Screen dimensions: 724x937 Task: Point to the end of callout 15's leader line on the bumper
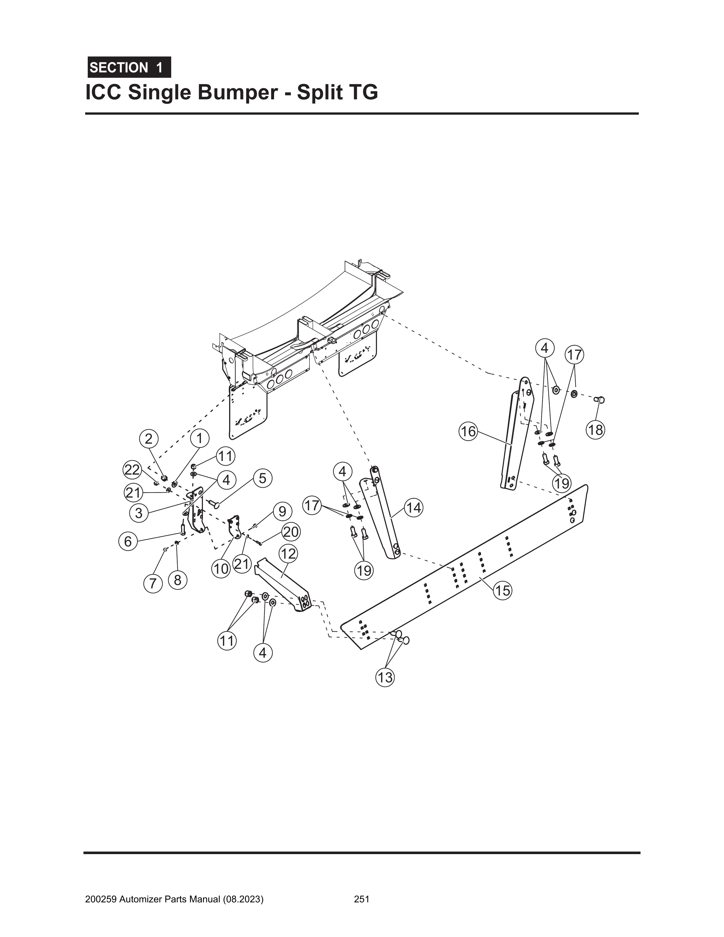pos(480,578)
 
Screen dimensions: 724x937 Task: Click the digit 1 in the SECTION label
pos(159,68)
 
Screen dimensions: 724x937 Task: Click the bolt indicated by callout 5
pos(214,502)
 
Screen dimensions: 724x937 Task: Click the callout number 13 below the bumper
pos(385,678)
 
